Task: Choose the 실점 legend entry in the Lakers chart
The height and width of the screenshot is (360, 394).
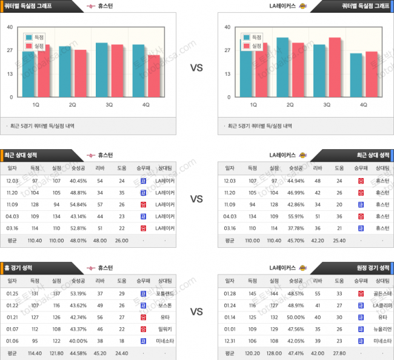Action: point(253,46)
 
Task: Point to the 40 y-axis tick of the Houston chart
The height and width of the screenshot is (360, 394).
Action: point(10,27)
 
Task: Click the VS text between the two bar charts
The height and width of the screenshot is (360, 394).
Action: point(196,68)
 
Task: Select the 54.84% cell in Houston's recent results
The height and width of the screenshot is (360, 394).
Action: point(78,204)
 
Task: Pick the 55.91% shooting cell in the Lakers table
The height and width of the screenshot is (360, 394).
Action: point(295,216)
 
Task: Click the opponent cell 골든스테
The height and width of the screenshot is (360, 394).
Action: point(380,293)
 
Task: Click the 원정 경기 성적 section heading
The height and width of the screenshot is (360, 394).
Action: point(371,267)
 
